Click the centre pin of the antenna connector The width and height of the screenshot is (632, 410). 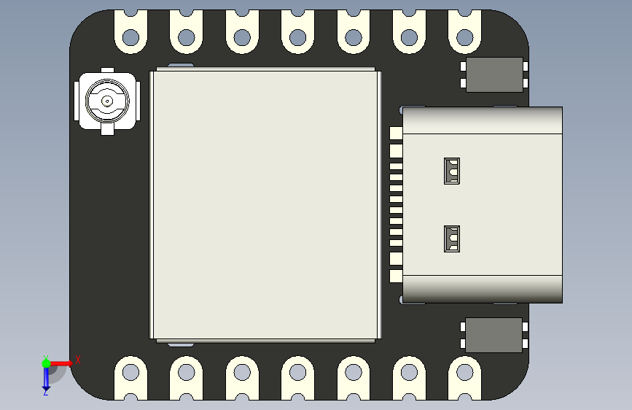106,101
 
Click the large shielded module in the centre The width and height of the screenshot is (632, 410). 265,204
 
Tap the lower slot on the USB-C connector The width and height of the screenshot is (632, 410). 453,239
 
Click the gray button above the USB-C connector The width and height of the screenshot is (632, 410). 494,74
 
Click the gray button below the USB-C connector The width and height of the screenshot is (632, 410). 494,335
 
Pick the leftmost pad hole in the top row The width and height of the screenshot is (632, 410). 130,36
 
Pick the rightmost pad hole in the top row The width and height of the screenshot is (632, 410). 464,36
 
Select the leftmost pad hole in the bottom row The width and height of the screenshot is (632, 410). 130,373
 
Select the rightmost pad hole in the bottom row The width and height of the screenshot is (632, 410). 464,373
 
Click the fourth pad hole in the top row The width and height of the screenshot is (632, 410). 297,36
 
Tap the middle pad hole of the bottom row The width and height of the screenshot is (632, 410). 297,373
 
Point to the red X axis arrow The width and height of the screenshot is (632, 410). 61,363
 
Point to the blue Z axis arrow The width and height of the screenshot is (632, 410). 46,377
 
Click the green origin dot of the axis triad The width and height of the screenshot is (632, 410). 46,363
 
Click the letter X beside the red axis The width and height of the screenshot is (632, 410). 77,360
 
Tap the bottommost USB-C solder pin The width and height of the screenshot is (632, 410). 396,276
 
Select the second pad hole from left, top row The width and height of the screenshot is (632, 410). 186,36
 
